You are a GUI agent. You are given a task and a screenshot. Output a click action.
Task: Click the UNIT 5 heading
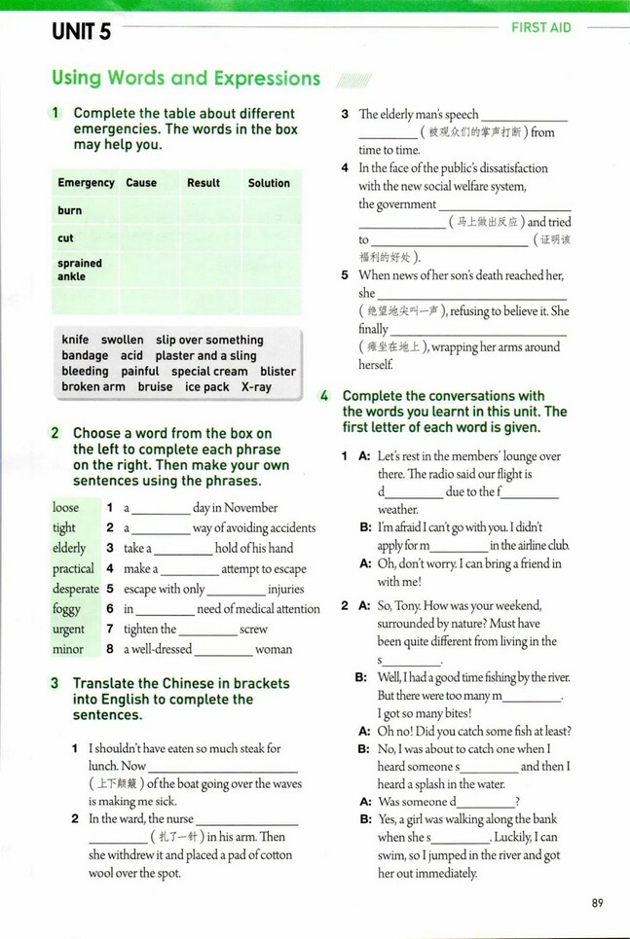coord(82,31)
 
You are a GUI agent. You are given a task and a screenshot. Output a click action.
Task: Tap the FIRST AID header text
coord(541,27)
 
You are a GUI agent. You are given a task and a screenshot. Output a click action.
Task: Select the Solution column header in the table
coord(269,183)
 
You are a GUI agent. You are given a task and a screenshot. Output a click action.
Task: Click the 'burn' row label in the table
coord(70,210)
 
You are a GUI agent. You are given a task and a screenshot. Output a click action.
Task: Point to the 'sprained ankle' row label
coord(79,270)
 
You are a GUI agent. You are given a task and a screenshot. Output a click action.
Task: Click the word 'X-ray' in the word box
coord(256,386)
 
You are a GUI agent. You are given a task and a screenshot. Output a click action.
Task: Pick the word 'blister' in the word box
coord(278,371)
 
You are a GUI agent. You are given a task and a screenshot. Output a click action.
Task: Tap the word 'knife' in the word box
coord(75,340)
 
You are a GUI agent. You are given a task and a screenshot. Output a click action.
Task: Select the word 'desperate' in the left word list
coord(76,589)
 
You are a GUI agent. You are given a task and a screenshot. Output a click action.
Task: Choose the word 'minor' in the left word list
coord(68,649)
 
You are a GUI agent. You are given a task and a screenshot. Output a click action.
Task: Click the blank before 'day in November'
coord(161,510)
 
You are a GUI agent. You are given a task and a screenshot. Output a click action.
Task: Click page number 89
coord(597,903)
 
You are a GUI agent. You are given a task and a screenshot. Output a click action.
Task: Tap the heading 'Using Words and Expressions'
coord(186,78)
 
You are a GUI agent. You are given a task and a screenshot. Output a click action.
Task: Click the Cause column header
coord(141,183)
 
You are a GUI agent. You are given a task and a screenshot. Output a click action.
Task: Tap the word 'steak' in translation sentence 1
coord(248,748)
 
